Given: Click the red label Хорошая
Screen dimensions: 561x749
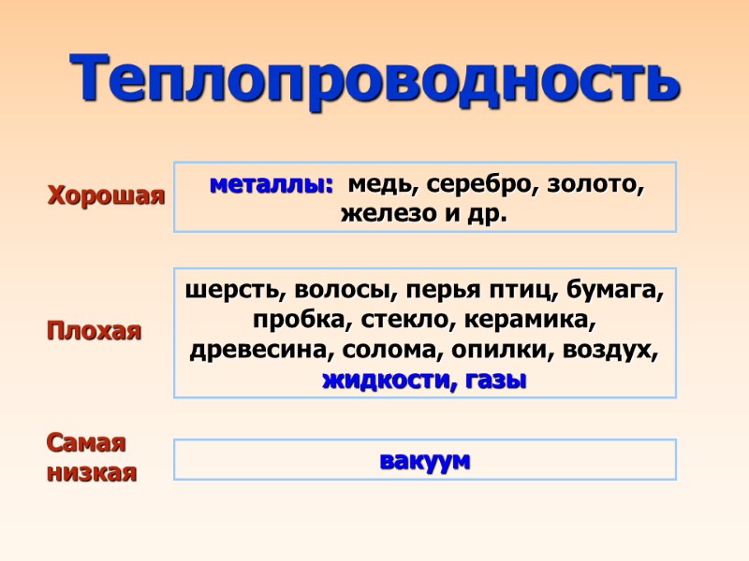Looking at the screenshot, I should pos(106,196).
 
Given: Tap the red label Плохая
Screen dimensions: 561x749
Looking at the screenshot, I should pos(95,331).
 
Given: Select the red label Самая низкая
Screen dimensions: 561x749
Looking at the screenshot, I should pos(92,457).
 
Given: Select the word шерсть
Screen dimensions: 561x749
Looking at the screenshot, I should pos(228,291).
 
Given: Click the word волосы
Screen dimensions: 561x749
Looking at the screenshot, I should pos(325,291).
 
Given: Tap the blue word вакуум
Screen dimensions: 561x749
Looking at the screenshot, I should pos(425,460).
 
